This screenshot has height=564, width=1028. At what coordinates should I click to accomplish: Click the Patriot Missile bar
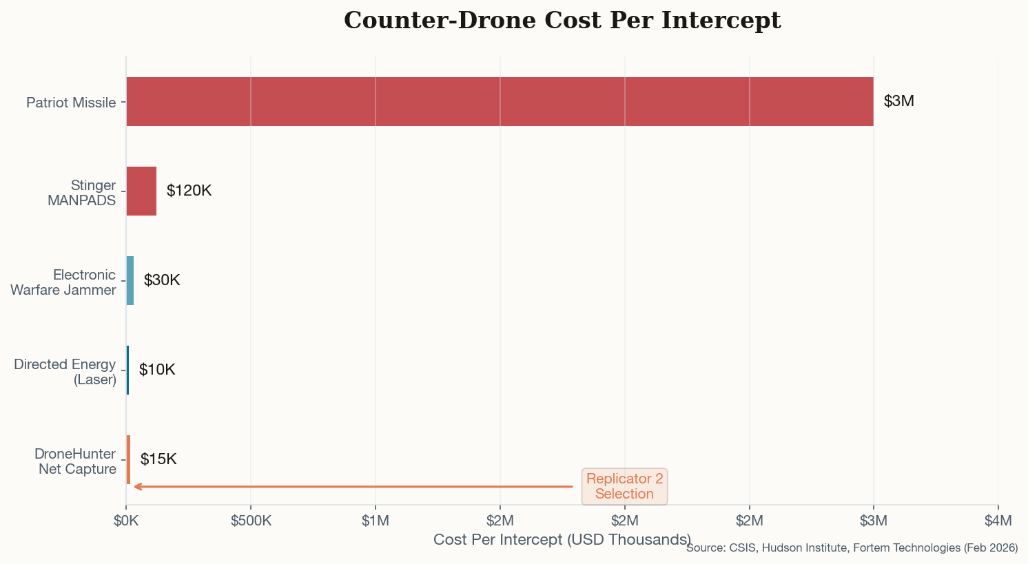[500, 101]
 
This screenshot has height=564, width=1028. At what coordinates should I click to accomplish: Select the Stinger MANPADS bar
[141, 191]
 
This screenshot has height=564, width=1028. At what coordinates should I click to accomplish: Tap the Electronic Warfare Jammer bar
[130, 280]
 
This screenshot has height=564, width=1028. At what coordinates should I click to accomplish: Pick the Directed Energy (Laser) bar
[127, 370]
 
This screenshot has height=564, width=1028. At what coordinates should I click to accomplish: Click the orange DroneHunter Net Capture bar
[128, 459]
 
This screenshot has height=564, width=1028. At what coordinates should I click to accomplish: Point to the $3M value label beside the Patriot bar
[898, 101]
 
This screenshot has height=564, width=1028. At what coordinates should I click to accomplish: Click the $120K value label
[189, 191]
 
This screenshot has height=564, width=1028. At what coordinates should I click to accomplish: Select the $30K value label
[162, 280]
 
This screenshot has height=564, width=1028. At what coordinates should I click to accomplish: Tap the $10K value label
[157, 370]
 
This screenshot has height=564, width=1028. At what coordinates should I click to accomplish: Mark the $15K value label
[158, 459]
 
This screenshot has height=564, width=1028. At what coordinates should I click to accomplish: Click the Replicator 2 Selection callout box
[624, 486]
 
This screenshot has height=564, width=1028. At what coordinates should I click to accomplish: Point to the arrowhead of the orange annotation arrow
[136, 487]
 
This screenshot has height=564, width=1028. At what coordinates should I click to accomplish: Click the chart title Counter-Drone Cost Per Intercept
[562, 21]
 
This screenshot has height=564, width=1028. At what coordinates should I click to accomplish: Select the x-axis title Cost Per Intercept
[562, 539]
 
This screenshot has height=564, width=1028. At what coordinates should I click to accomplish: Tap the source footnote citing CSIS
[852, 548]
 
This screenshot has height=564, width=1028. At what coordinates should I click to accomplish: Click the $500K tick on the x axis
[251, 521]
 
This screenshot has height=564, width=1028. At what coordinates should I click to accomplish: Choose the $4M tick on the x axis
[998, 521]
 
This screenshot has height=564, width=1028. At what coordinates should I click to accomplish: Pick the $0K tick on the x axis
[126, 521]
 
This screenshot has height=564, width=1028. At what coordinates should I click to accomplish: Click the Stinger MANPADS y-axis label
[81, 193]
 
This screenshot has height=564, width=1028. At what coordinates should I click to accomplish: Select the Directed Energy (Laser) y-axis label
[65, 372]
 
